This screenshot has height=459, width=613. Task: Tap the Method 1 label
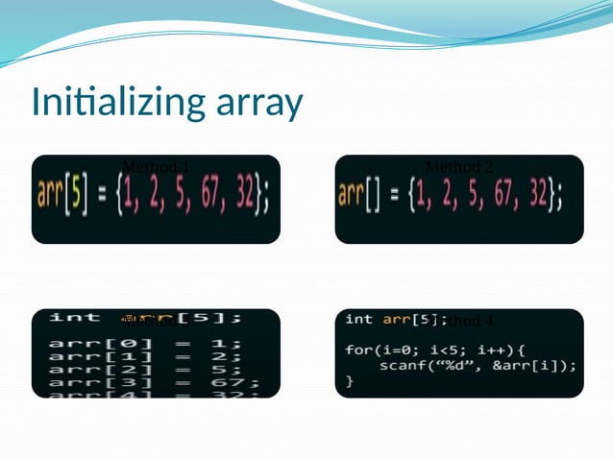pyautogui.click(x=156, y=168)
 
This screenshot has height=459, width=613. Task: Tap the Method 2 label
pyautogui.click(x=458, y=168)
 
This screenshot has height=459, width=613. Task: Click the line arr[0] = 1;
pyautogui.click(x=144, y=344)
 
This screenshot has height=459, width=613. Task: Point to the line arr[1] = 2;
pyautogui.click(x=144, y=356)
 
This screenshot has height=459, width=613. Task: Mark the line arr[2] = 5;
pyautogui.click(x=144, y=370)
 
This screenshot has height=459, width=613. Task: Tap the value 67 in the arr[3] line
pyautogui.click(x=233, y=383)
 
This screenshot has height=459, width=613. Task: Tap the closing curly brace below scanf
pyautogui.click(x=350, y=381)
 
